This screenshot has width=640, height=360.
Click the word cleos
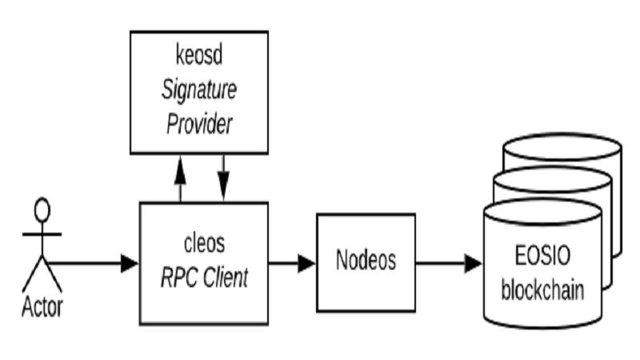204,242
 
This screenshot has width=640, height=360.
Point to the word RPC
178,278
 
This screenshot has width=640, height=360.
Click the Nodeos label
366,262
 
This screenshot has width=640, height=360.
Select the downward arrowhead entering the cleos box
223,192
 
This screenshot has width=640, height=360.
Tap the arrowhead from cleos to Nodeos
306,262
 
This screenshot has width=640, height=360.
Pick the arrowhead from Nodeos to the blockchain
473,262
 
